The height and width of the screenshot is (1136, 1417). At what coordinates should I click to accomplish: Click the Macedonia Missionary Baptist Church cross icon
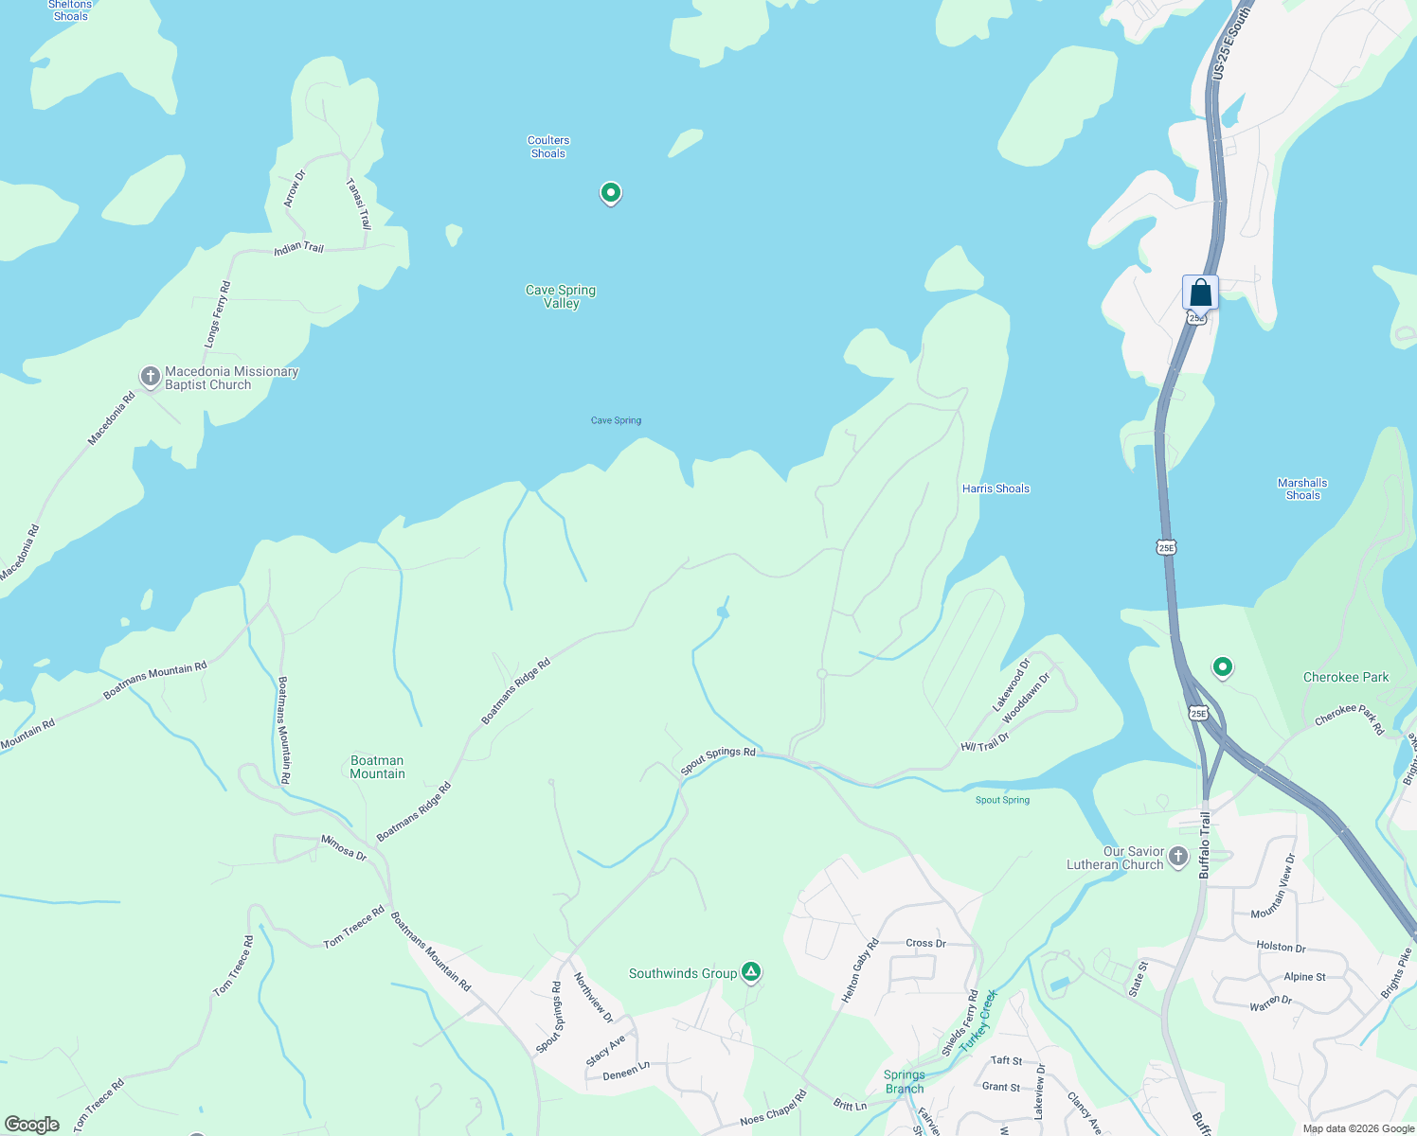click(x=150, y=377)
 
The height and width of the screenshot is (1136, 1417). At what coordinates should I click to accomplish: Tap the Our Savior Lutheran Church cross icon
click(x=1177, y=857)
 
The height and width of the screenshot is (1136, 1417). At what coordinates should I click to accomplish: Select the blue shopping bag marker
click(x=1200, y=293)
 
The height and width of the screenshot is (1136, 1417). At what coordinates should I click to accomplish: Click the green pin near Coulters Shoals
click(x=611, y=193)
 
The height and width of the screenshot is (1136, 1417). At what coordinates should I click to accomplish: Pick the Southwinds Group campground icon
click(x=751, y=971)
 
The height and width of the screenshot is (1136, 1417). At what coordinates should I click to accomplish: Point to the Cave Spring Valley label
click(x=561, y=296)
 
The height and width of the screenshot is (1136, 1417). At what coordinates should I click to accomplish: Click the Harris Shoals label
click(x=995, y=488)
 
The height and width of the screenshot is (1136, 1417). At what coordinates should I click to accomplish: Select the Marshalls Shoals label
click(x=1302, y=488)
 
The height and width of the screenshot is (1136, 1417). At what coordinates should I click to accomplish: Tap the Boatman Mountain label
click(x=377, y=767)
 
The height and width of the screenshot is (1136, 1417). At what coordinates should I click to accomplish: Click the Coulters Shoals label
click(x=548, y=147)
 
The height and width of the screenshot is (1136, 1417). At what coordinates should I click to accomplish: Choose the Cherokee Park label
click(x=1346, y=677)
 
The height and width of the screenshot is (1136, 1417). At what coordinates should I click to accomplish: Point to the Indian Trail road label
click(x=298, y=248)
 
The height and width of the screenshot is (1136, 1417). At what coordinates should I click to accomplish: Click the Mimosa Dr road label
click(x=343, y=846)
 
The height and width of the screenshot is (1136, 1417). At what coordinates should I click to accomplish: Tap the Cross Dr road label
click(x=925, y=943)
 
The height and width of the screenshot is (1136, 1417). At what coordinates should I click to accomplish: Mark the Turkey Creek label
click(x=978, y=1021)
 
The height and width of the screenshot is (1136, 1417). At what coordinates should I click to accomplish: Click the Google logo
click(x=32, y=1124)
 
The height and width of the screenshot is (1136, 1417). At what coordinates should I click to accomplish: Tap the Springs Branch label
click(x=904, y=1081)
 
